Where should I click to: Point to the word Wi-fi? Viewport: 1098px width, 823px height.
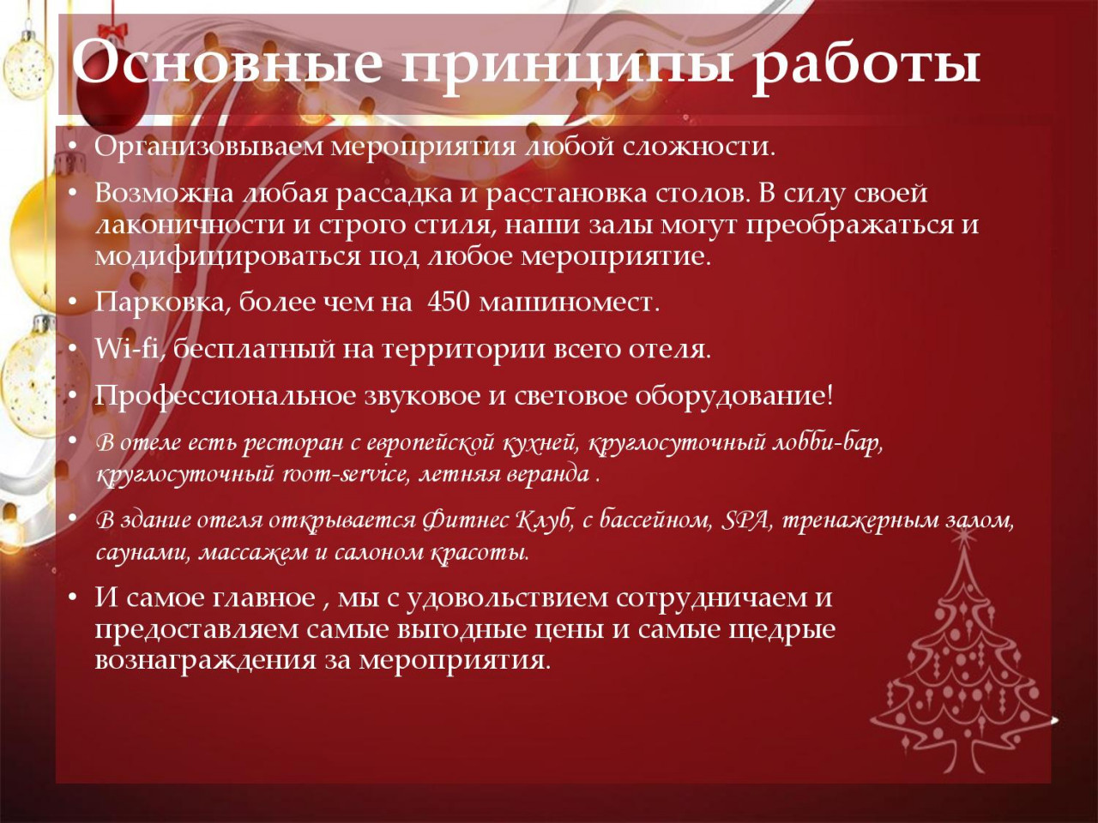[x=128, y=348]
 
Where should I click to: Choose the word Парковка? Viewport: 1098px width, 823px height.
[x=160, y=303]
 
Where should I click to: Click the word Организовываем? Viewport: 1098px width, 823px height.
[x=209, y=148]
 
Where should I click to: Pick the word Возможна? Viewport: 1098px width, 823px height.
[x=164, y=194]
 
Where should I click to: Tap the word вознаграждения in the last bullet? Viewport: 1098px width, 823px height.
[x=206, y=661]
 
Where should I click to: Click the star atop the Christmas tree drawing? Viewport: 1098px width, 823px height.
[x=960, y=538]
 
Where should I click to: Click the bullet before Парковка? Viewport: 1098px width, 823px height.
[x=73, y=303]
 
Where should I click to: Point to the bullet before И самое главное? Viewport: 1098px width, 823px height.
[x=73, y=598]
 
